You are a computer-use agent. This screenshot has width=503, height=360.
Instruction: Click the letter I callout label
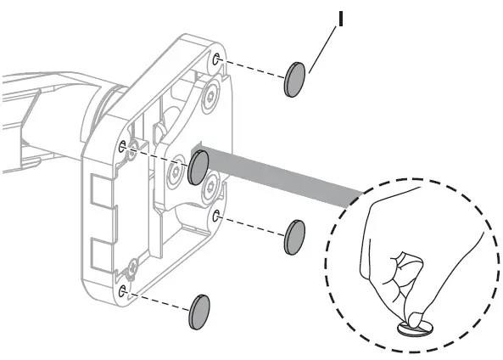click(x=341, y=19)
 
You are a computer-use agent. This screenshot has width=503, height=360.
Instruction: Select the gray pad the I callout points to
click(x=294, y=80)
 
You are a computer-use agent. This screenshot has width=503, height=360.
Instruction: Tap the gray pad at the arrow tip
click(x=198, y=167)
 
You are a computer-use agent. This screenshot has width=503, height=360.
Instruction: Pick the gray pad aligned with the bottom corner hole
click(x=199, y=312)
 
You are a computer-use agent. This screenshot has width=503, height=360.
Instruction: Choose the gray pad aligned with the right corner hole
click(x=294, y=238)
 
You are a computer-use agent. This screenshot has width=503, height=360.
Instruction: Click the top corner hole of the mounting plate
click(x=216, y=59)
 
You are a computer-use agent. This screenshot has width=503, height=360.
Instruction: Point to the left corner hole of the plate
click(x=122, y=146)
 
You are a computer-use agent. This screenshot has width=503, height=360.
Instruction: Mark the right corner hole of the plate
click(x=216, y=216)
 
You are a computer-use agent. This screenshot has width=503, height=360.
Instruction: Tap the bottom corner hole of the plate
click(x=121, y=291)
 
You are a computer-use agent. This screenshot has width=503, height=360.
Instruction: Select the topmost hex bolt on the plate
click(x=210, y=96)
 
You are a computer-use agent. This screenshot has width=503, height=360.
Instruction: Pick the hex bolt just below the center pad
click(x=211, y=188)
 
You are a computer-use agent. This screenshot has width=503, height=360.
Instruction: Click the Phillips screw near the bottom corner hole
click(x=132, y=267)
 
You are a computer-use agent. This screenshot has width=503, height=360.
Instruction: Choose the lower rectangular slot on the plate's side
click(x=102, y=256)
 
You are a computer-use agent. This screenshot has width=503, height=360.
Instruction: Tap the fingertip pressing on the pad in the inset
click(x=416, y=318)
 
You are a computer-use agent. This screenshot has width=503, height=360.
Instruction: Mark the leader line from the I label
click(x=322, y=50)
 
